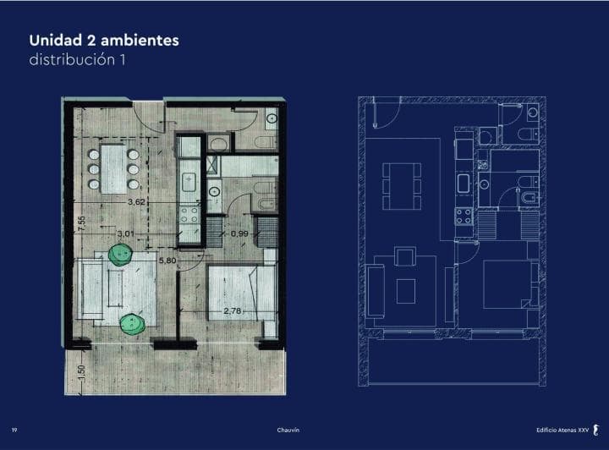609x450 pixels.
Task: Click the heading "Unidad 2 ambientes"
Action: [x=104, y=41]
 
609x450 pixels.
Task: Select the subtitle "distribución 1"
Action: [x=77, y=60]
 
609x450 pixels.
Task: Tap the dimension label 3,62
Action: [x=136, y=202]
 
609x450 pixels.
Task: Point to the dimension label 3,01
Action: [x=126, y=233]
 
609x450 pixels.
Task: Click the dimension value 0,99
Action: [x=239, y=233]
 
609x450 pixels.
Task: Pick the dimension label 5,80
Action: [x=167, y=261]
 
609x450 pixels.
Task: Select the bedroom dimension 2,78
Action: [x=233, y=311]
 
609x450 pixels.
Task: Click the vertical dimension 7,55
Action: [x=81, y=224]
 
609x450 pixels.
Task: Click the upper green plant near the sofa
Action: [x=120, y=255]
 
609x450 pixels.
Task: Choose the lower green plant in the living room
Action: [x=133, y=323]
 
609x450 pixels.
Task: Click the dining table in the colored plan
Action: [x=113, y=169]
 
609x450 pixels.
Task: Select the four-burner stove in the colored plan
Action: [x=189, y=215]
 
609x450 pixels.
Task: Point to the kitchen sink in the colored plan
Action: [x=189, y=181]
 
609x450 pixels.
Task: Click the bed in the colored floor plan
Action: [x=242, y=293]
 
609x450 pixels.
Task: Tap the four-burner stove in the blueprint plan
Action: [x=464, y=217]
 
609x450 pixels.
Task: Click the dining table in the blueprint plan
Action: [x=402, y=186]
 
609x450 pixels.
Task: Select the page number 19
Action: [x=14, y=430]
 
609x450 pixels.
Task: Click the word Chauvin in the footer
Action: [x=288, y=430]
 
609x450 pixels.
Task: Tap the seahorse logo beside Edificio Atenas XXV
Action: [x=596, y=430]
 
